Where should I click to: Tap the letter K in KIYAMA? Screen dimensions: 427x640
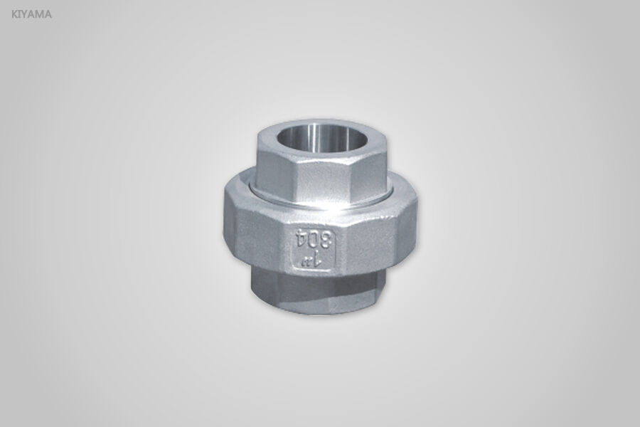pyautogui.click(x=15, y=13)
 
